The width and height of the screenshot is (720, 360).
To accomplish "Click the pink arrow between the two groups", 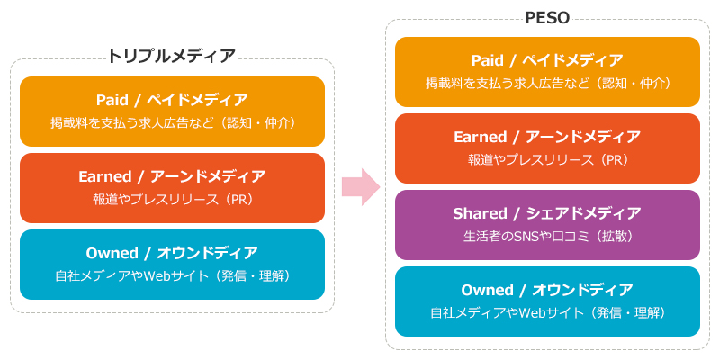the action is pyautogui.click(x=361, y=187).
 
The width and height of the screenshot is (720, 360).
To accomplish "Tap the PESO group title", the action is pyautogui.click(x=547, y=18).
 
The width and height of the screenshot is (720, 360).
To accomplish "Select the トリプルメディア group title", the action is pyautogui.click(x=172, y=56).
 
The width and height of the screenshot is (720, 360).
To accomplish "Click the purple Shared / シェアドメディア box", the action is pyautogui.click(x=547, y=225).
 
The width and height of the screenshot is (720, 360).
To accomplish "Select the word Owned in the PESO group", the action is pyautogui.click(x=481, y=290).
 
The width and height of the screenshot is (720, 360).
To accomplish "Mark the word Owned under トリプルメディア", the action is pyautogui.click(x=105, y=253).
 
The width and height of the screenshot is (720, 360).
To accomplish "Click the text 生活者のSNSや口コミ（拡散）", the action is pyautogui.click(x=548, y=237).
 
